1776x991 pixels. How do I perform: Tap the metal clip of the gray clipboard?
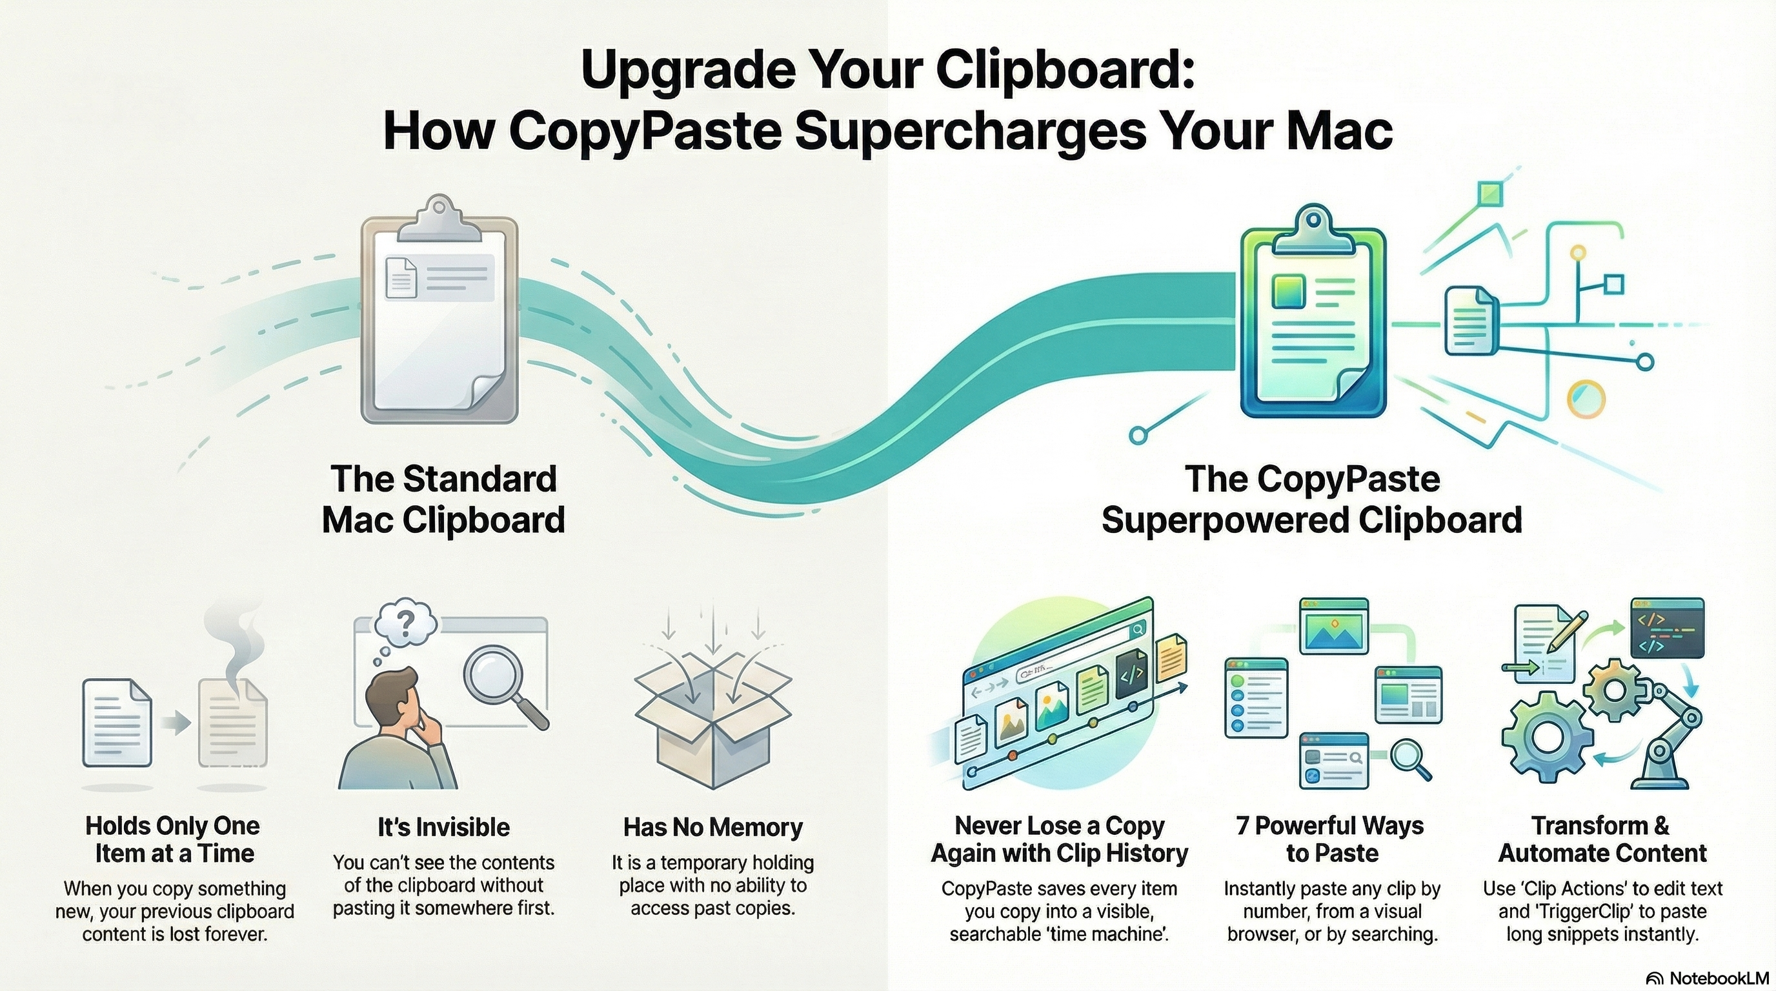(x=439, y=219)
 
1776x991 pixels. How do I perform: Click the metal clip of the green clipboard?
(x=1313, y=230)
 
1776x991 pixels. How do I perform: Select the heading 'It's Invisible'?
(x=443, y=827)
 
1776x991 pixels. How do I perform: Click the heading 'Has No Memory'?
(x=713, y=827)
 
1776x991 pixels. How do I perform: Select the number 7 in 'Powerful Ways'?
(x=1243, y=826)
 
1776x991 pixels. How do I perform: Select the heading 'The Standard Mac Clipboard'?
(x=443, y=499)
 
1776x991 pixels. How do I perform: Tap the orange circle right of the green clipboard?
(x=1586, y=397)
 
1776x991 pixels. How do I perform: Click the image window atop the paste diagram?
(x=1333, y=626)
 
